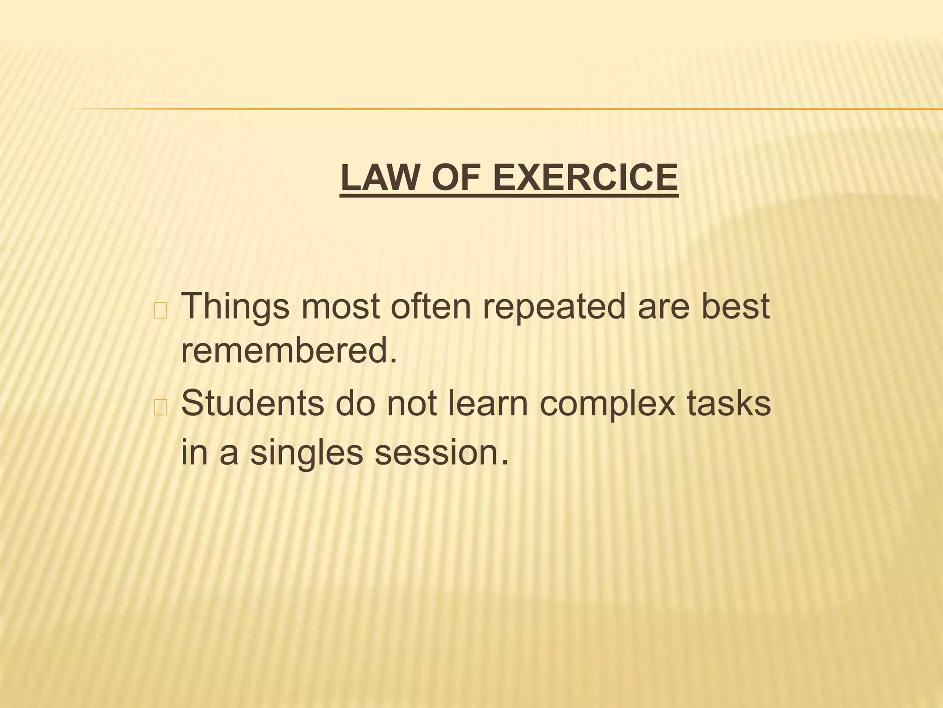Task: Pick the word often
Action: tap(431, 307)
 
